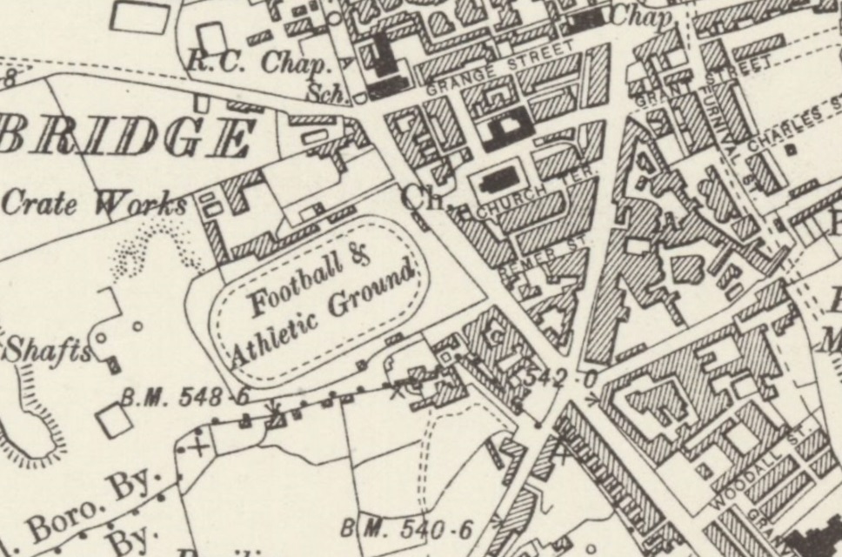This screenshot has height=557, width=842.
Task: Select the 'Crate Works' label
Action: (x=94, y=204)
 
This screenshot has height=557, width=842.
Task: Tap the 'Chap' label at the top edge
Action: (x=641, y=16)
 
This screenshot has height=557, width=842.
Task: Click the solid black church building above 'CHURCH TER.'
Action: (x=493, y=181)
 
